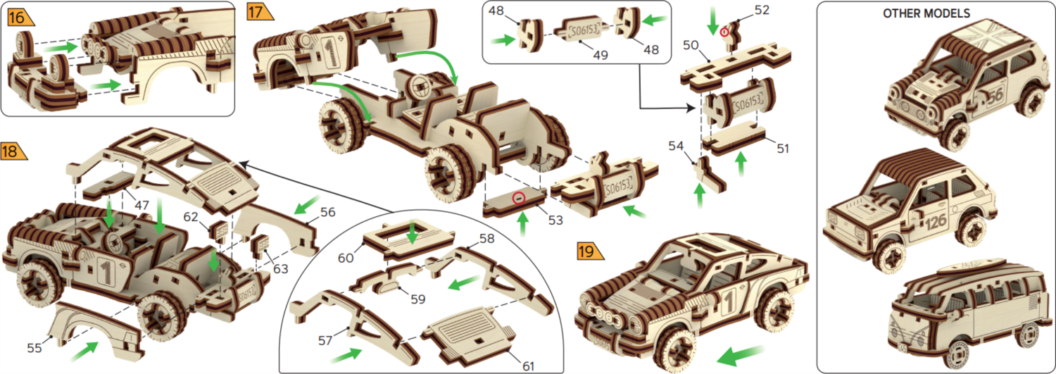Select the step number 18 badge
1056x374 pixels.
tap(12, 151)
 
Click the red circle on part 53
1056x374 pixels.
tap(518, 199)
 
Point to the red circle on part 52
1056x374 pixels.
tap(724, 32)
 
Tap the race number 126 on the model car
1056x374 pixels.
tap(936, 222)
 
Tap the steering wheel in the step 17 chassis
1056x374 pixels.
tap(420, 89)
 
